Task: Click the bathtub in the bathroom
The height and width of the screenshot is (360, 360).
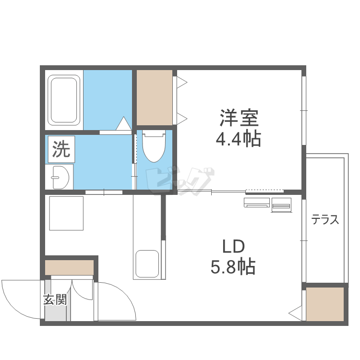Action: [x=64, y=100]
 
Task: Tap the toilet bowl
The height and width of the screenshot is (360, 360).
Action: [x=154, y=146]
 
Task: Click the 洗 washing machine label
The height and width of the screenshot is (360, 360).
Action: [x=61, y=149]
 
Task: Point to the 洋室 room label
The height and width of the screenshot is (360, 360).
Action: [x=239, y=118]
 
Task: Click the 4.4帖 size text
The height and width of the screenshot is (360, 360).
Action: [x=239, y=139]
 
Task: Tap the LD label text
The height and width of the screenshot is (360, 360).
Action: [x=233, y=246]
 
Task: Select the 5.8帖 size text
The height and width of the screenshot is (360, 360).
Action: [x=233, y=267]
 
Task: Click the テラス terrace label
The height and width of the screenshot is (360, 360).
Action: [x=325, y=219]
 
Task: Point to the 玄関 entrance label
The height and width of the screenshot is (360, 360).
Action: [x=55, y=300]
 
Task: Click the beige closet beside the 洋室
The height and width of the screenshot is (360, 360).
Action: [x=155, y=98]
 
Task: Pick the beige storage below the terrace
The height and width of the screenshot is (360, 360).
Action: [x=325, y=304]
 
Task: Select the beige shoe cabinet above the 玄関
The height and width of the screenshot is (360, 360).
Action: [x=69, y=267]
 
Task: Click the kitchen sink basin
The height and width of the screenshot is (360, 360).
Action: [x=147, y=264]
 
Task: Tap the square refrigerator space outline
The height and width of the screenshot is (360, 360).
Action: [x=66, y=213]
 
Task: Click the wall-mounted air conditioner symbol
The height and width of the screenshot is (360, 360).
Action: [x=257, y=203]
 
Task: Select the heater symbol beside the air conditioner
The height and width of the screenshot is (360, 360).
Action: [x=281, y=205]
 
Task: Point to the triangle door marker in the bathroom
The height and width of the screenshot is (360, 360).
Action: [x=124, y=123]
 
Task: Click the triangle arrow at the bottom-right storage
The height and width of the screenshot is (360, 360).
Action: [x=295, y=313]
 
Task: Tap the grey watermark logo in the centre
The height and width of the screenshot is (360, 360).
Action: [x=180, y=181]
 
